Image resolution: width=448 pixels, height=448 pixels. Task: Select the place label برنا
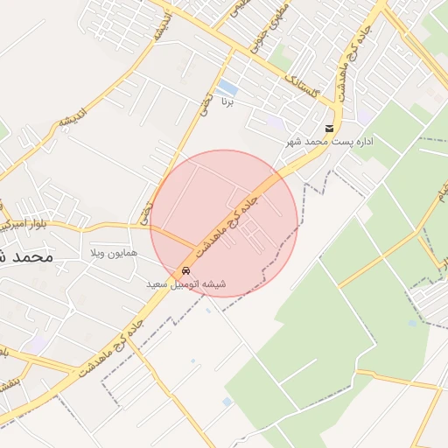[227, 102]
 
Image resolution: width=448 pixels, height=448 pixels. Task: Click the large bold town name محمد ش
[26, 257]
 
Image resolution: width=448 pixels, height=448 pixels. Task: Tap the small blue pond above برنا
[227, 87]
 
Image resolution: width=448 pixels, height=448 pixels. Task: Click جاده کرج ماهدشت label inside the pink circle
[226, 222]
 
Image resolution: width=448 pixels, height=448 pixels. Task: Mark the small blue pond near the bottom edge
[227, 402]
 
